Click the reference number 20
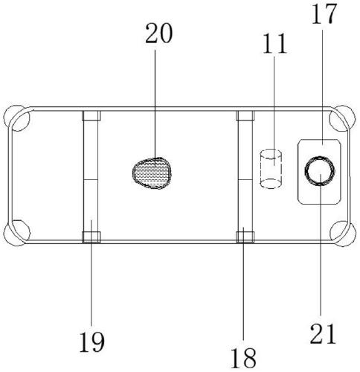pyautogui.click(x=159, y=33)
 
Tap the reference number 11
pyautogui.click(x=274, y=44)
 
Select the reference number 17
pyautogui.click(x=324, y=14)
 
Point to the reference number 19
pyautogui.click(x=92, y=342)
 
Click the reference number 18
pyautogui.click(x=243, y=358)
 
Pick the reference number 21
pyautogui.click(x=323, y=333)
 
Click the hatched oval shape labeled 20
pyautogui.click(x=152, y=173)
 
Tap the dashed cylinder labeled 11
pyautogui.click(x=271, y=169)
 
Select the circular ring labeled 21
pyautogui.click(x=320, y=170)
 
